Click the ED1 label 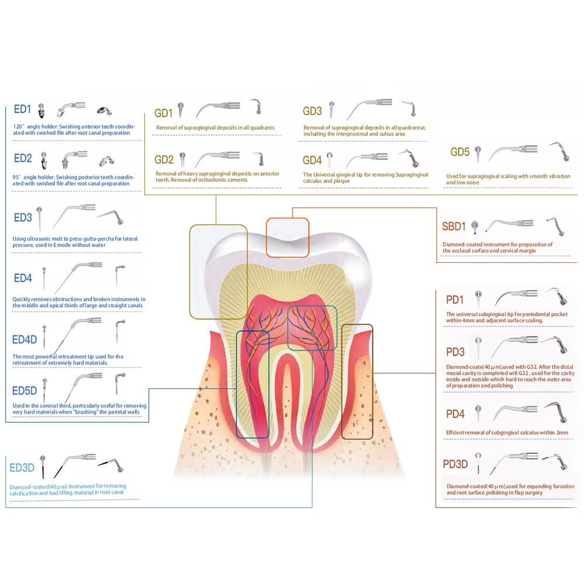click(x=23, y=109)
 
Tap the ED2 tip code click(x=23, y=158)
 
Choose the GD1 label click(x=164, y=113)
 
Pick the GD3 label click(x=312, y=111)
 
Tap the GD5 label click(x=460, y=152)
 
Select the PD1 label click(x=454, y=300)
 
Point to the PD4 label click(x=455, y=414)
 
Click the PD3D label click(x=456, y=464)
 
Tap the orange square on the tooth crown click(x=287, y=237)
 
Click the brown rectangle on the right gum click(x=356, y=382)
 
